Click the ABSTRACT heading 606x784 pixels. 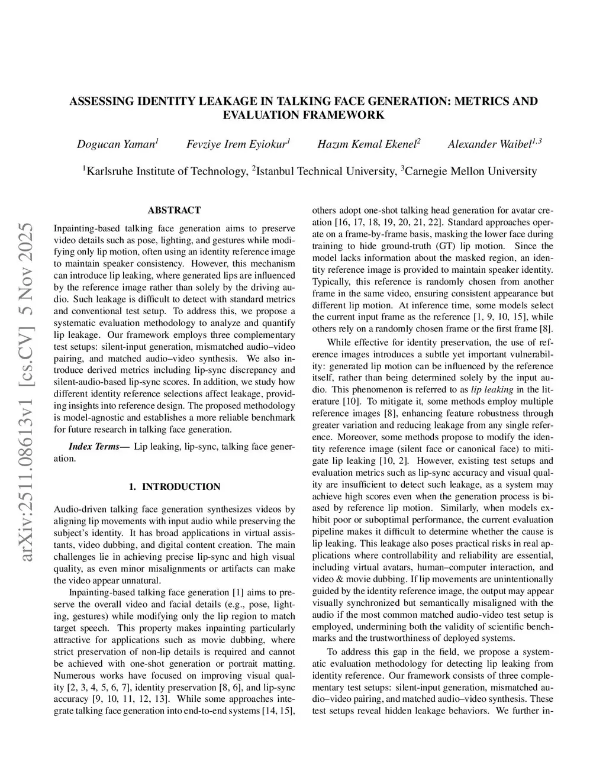tap(174, 210)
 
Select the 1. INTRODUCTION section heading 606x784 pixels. tap(174, 486)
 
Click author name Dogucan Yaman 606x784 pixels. tap(117, 144)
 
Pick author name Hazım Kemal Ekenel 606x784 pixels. tap(368, 144)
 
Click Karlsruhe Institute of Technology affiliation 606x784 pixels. tap(166, 172)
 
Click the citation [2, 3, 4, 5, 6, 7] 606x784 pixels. tap(94, 687)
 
